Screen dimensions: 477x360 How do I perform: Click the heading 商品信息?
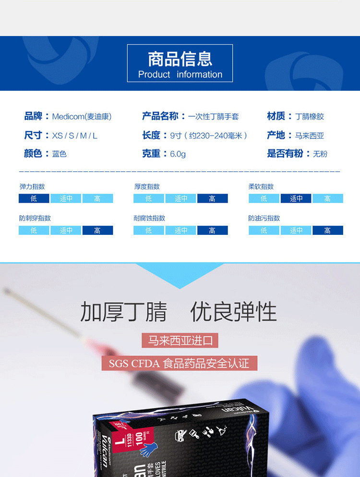[x=180, y=59]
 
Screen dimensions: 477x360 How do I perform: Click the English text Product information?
[x=180, y=74]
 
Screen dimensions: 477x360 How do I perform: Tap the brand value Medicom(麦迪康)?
[x=82, y=116]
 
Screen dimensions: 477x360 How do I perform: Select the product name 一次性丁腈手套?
[x=213, y=116]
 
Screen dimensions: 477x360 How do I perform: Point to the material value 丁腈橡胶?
[x=310, y=116]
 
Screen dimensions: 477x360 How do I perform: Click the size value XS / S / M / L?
[x=74, y=135]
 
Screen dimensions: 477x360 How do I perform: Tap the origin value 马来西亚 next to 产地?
[x=310, y=135]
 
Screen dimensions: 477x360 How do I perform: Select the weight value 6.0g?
[x=178, y=154]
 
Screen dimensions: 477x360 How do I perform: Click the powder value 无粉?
[x=320, y=154]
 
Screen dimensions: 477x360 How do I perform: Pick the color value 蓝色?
[x=59, y=154]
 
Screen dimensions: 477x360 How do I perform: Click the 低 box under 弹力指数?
[x=34, y=198]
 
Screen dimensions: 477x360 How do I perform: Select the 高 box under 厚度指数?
[x=212, y=198]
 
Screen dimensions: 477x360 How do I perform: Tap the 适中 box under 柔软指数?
[x=296, y=198]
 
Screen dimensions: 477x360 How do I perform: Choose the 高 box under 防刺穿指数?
[x=97, y=231]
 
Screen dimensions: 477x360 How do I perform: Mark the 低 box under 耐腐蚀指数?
[x=148, y=231]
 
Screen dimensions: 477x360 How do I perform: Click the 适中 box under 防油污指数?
[x=296, y=231]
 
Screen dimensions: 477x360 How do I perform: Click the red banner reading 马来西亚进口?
[x=180, y=341]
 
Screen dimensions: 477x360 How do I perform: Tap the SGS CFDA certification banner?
[x=179, y=363]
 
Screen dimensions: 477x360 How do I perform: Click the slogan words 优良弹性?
[x=233, y=312]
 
